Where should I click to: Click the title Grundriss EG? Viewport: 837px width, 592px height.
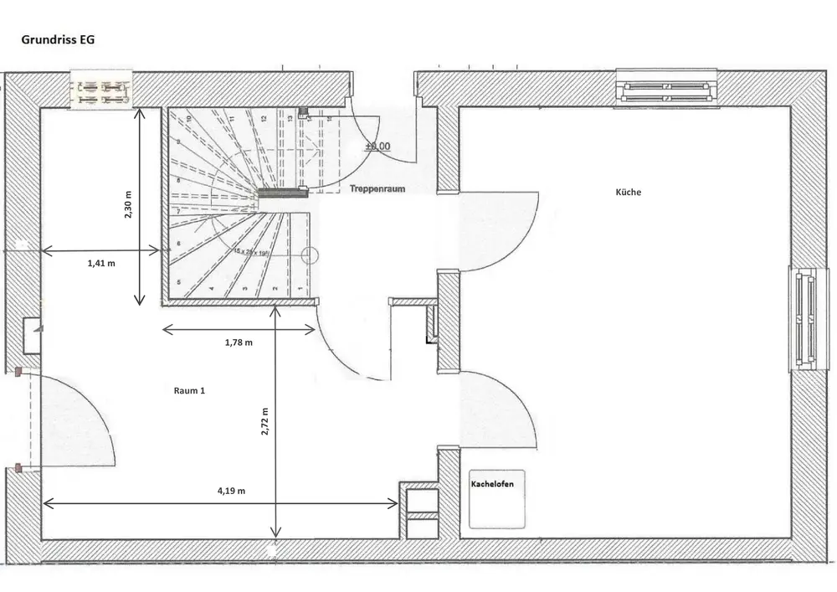click(58, 40)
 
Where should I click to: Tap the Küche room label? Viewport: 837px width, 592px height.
click(628, 192)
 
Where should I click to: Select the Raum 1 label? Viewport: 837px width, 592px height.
click(189, 391)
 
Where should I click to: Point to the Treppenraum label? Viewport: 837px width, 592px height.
click(377, 189)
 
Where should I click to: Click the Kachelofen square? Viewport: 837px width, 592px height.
click(498, 499)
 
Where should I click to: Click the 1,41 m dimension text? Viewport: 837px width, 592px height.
click(100, 263)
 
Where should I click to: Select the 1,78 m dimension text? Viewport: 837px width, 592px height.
click(239, 342)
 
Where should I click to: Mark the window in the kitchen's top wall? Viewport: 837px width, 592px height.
click(667, 87)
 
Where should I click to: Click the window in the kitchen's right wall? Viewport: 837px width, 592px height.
click(806, 317)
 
